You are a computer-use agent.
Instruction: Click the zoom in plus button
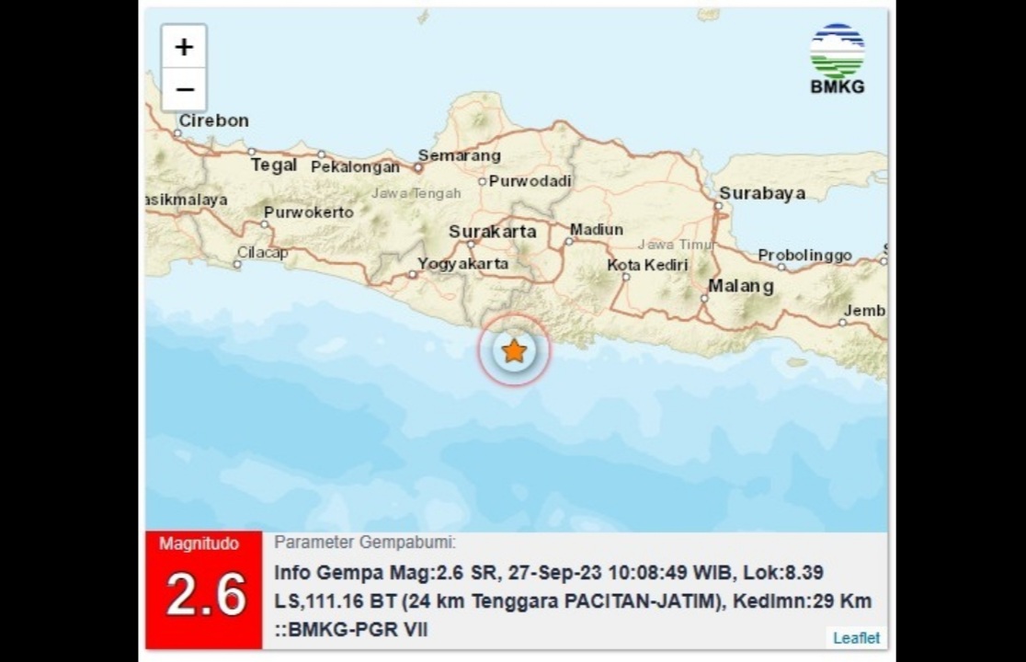(184, 47)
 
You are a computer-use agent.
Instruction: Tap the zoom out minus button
(184, 89)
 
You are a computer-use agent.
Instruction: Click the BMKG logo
(837, 59)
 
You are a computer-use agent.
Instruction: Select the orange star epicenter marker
(514, 350)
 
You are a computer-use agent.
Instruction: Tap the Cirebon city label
(213, 120)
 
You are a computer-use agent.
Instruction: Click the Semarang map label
(459, 155)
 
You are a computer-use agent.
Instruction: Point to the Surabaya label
(761, 193)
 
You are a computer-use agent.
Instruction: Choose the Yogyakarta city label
(462, 264)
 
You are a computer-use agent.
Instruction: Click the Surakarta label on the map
(492, 232)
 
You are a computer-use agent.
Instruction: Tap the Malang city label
(740, 286)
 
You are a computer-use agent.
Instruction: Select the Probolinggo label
(804, 256)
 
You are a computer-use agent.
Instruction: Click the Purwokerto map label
(308, 212)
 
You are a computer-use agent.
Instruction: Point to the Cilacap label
(262, 252)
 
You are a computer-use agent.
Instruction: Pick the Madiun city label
(596, 230)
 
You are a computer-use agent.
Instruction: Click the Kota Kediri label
(647, 265)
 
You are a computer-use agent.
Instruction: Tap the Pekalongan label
(355, 167)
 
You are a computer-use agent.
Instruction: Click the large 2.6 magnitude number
(206, 596)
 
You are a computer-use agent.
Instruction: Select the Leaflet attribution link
(856, 637)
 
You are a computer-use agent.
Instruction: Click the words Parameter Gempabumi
(365, 542)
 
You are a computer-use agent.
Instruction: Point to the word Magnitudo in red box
(199, 543)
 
